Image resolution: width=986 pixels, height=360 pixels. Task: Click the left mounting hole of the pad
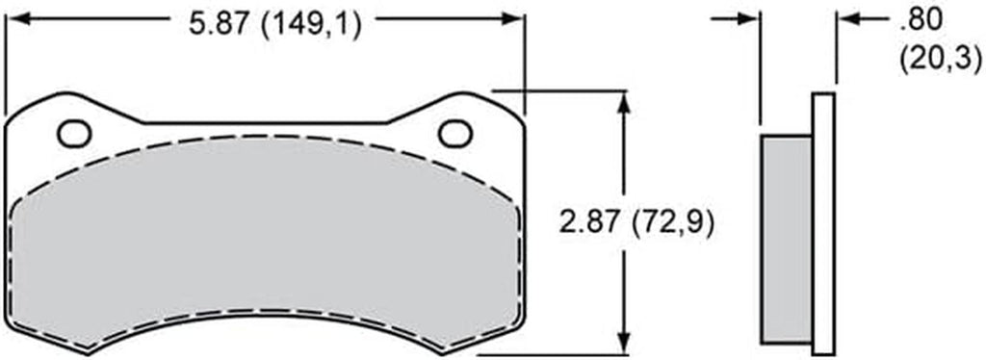pos(74,134)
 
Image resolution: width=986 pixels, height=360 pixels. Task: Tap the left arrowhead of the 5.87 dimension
pos(15,18)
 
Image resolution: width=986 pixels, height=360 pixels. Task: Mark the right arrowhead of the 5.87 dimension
pos(515,18)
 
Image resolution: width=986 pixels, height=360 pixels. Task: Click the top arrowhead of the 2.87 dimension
pos(627,100)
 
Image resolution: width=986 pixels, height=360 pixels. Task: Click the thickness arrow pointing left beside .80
pos(846,18)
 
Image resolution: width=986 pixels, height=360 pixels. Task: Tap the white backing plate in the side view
pos(822,221)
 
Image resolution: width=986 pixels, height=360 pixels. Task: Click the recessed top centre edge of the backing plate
pos(265,123)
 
